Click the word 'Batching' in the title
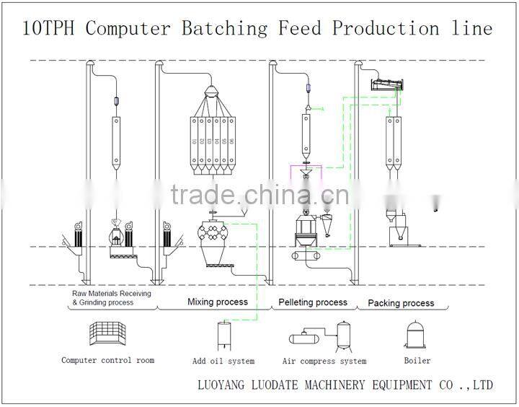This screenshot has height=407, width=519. coord(223,29)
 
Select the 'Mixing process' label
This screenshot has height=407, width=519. coord(218,302)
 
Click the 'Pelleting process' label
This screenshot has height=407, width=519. coord(312,302)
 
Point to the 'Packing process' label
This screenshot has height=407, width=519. coord(401,303)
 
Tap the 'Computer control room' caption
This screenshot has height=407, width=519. coord(107,360)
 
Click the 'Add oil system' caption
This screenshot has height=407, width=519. coord(223,361)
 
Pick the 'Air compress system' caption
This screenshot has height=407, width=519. coord(324,361)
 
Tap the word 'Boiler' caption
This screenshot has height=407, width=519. coord(417,360)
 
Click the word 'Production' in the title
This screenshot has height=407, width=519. coord(386,29)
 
